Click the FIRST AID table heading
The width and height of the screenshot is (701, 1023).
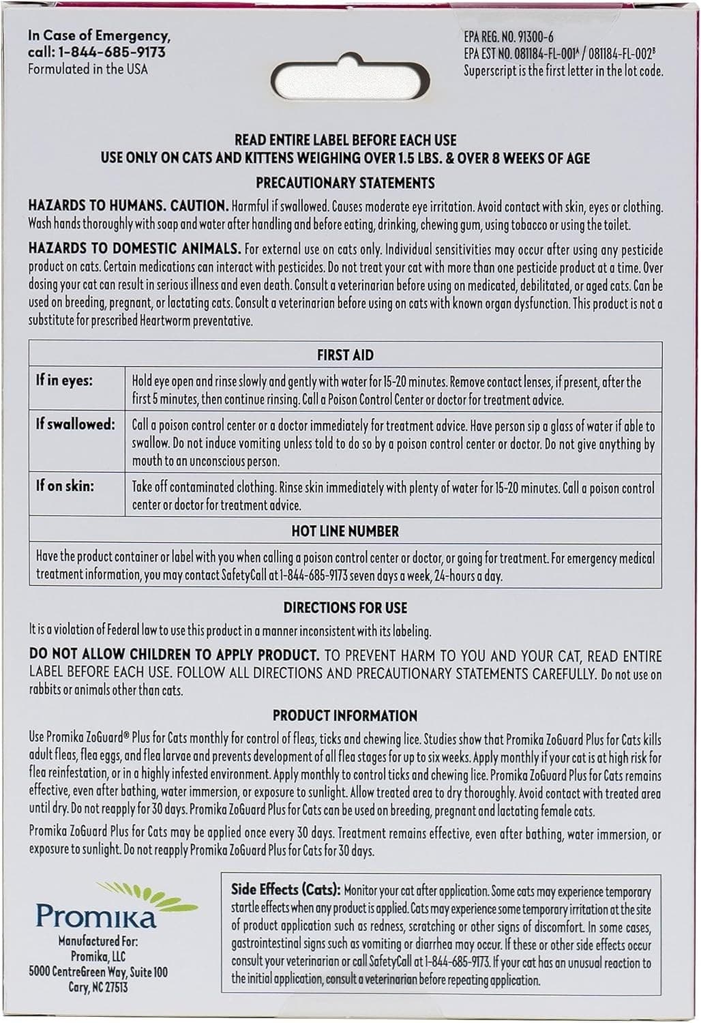tap(345, 355)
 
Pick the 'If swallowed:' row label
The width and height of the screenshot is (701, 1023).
tap(76, 424)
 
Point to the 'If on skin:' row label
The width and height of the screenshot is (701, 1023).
tap(65, 486)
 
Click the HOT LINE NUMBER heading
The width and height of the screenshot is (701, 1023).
tap(345, 531)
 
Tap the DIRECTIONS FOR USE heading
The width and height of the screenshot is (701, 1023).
tap(345, 607)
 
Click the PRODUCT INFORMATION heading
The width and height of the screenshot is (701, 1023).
tap(345, 715)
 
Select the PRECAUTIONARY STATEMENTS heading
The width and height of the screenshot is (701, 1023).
tap(345, 183)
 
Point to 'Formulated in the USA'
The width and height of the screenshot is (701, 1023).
tap(87, 69)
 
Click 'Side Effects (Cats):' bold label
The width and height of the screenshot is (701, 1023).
tap(285, 889)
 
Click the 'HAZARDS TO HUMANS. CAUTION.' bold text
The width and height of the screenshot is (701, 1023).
tap(128, 205)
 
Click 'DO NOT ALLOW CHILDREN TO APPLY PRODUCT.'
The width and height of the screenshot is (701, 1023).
tap(174, 655)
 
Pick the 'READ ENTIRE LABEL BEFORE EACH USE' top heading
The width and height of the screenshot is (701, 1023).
tap(345, 140)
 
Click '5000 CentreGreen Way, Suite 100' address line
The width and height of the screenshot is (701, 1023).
tap(98, 972)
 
